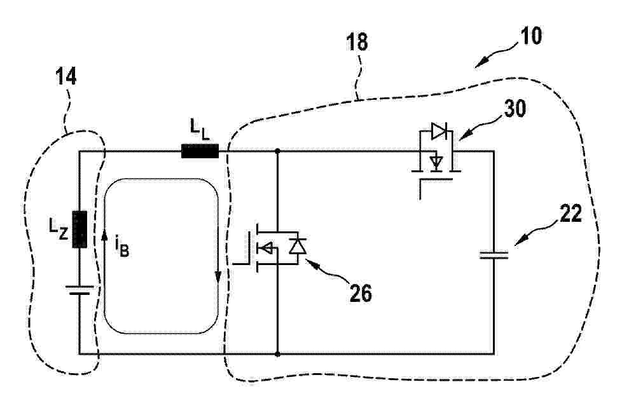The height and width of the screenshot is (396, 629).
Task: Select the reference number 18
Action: tap(357, 42)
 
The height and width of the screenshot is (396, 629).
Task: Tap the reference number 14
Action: tap(66, 76)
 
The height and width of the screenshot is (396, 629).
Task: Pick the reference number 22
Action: tap(570, 214)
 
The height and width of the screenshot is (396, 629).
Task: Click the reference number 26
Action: tap(361, 293)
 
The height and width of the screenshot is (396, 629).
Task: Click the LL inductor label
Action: tap(199, 130)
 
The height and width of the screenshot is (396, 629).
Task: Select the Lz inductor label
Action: tap(59, 230)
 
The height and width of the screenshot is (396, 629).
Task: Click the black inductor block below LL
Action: tap(200, 151)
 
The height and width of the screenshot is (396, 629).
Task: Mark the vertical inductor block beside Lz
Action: tap(79, 229)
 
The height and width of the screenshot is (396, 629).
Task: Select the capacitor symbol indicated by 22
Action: tap(494, 255)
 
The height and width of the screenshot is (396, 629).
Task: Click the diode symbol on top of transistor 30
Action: tap(439, 131)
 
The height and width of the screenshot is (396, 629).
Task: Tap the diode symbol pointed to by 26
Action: tap(298, 246)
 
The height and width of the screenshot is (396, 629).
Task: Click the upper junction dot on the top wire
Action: tap(277, 151)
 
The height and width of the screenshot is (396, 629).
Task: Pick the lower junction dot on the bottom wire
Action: tap(277, 354)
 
